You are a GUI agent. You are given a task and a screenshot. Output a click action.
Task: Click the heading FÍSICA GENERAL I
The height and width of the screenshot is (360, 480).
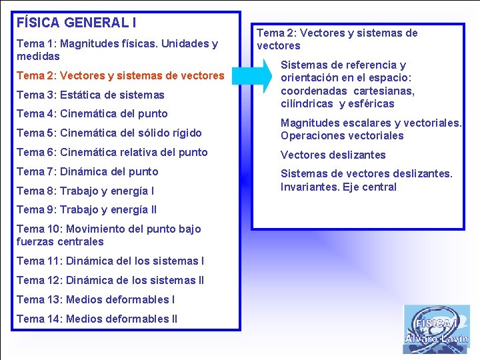[x=77, y=23]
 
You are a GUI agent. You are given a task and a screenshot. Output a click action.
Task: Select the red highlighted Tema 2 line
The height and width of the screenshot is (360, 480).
[x=120, y=76]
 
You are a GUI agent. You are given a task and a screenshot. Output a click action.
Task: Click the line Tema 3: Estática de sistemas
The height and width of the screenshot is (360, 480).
[x=90, y=95]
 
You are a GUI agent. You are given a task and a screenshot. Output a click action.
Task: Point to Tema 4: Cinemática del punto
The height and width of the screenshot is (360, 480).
[x=92, y=114]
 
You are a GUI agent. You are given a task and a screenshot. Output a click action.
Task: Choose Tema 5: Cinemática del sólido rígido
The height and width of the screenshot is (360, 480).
[x=109, y=133]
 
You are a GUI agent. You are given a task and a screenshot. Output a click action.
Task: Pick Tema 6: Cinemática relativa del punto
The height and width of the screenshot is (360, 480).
[x=112, y=153]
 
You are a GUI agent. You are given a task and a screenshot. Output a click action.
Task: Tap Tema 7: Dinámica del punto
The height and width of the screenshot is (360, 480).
[x=87, y=172]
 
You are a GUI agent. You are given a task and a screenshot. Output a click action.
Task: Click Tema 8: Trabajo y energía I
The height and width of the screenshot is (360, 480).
[x=85, y=191]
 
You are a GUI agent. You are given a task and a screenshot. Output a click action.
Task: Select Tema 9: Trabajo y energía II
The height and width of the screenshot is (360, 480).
[x=87, y=210]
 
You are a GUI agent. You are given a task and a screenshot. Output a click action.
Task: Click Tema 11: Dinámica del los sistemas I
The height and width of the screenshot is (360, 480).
[x=110, y=261]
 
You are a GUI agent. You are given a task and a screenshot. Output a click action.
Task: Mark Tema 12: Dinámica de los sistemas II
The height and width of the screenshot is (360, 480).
[x=110, y=281]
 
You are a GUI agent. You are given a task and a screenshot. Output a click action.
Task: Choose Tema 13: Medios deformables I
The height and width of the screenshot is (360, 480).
[x=95, y=300]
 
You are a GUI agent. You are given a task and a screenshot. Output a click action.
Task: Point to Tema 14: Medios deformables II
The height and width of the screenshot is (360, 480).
[x=97, y=319]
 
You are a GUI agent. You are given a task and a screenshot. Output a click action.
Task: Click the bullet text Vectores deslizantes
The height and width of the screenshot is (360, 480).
[x=333, y=155]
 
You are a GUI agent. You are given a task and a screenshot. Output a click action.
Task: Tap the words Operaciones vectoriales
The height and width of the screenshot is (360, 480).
[x=342, y=136]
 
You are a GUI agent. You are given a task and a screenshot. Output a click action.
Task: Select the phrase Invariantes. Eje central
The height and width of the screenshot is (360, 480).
[x=338, y=187]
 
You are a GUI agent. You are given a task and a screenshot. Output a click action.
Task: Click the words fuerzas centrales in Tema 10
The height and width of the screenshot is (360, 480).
[x=60, y=242]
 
